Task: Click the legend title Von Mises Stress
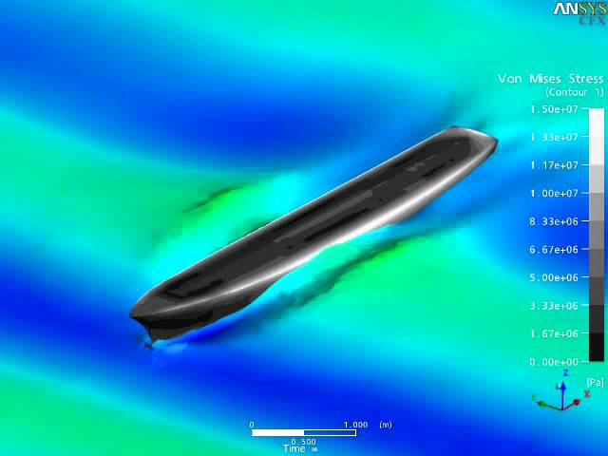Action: tap(551, 79)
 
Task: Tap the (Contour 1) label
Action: tap(575, 92)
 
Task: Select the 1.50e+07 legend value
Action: tap(554, 109)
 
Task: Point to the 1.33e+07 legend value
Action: tap(554, 137)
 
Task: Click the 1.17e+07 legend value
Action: tap(554, 165)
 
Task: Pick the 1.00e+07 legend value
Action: tap(554, 194)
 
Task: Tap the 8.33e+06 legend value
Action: tap(554, 221)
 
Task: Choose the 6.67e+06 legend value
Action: tap(554, 250)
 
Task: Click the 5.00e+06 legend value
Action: tap(554, 278)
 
